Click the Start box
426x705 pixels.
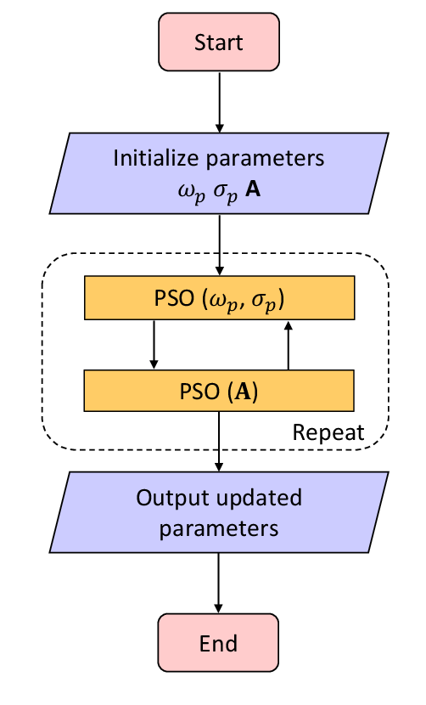click(x=219, y=42)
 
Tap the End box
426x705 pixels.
click(x=218, y=642)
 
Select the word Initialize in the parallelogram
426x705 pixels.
click(x=155, y=158)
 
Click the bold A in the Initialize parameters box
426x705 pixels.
click(x=253, y=189)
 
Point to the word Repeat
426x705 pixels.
click(x=328, y=432)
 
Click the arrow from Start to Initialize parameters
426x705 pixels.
click(x=219, y=102)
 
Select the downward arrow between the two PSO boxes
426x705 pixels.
click(x=154, y=344)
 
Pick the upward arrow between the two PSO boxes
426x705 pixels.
click(x=289, y=345)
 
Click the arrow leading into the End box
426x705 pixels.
click(x=218, y=583)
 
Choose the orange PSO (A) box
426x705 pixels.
click(x=219, y=391)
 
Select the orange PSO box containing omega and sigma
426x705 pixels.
click(x=219, y=297)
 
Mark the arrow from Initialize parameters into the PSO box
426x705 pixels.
click(x=219, y=245)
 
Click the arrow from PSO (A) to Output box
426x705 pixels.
click(x=219, y=442)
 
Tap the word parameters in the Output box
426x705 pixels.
click(x=219, y=528)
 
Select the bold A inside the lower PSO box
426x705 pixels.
click(x=243, y=392)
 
